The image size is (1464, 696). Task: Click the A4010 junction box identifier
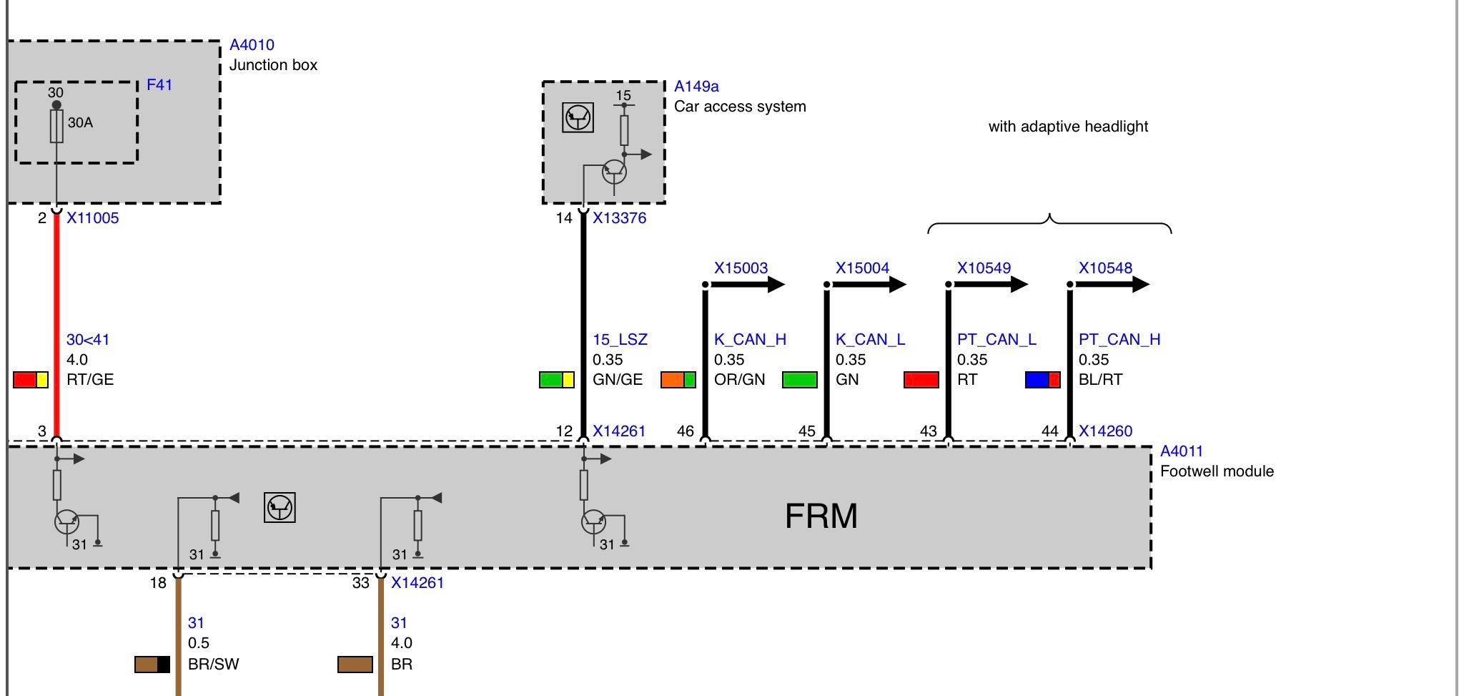(x=252, y=45)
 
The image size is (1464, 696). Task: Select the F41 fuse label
(x=159, y=85)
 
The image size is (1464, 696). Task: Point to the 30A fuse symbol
(x=56, y=126)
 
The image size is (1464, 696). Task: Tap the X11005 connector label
(x=93, y=218)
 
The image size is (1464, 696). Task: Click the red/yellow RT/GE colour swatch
(x=31, y=380)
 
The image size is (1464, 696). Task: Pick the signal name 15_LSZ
(x=620, y=340)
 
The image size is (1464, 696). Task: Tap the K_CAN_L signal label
(x=870, y=340)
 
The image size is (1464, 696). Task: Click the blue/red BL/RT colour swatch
(x=1043, y=380)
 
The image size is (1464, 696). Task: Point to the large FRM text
(x=821, y=516)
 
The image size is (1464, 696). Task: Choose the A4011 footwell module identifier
(x=1182, y=451)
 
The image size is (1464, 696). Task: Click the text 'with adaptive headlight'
(x=1068, y=127)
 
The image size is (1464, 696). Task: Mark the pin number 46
(x=685, y=431)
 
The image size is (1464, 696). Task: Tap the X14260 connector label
(x=1105, y=431)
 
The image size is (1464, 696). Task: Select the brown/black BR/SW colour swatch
(x=152, y=665)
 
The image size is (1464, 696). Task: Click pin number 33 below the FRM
(x=361, y=583)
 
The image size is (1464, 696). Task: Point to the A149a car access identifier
(x=696, y=87)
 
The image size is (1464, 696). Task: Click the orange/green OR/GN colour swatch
(x=678, y=380)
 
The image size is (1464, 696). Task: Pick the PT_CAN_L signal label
(x=996, y=340)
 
